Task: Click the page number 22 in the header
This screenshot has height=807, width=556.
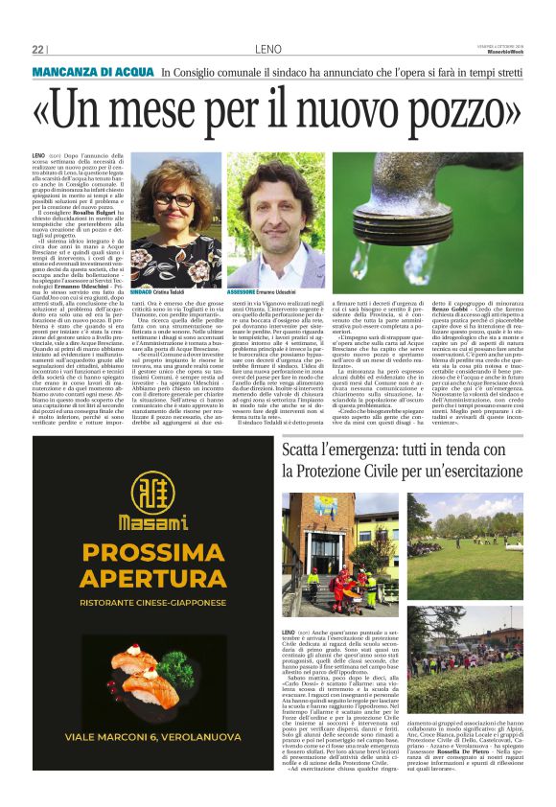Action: [x=38, y=50]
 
